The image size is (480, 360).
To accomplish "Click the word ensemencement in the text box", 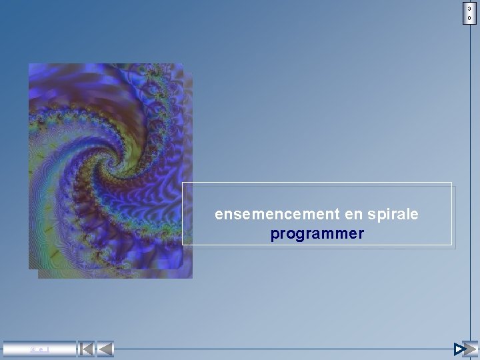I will pos(277,215).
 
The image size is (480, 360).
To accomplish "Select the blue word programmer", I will pos(317,234).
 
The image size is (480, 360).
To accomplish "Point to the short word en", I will pos(351,215).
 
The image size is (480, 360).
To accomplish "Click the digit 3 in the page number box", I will pos(470,8).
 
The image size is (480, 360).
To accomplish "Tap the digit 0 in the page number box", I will pos(470,18).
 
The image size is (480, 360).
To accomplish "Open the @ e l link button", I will pos(39,349).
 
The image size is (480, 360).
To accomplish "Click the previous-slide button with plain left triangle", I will pos(105,349).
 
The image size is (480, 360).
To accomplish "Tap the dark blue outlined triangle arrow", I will pos(459,349).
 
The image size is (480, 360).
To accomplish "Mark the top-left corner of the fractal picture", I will pos(29,64).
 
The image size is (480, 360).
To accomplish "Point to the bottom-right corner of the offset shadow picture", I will pos(192,278).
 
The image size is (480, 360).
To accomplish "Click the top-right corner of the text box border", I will pos(452,182).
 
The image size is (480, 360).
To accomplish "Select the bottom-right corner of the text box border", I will pos(452,245).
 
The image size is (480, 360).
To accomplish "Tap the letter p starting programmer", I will pos(275,235).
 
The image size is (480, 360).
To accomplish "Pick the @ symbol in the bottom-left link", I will pos(31,349).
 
